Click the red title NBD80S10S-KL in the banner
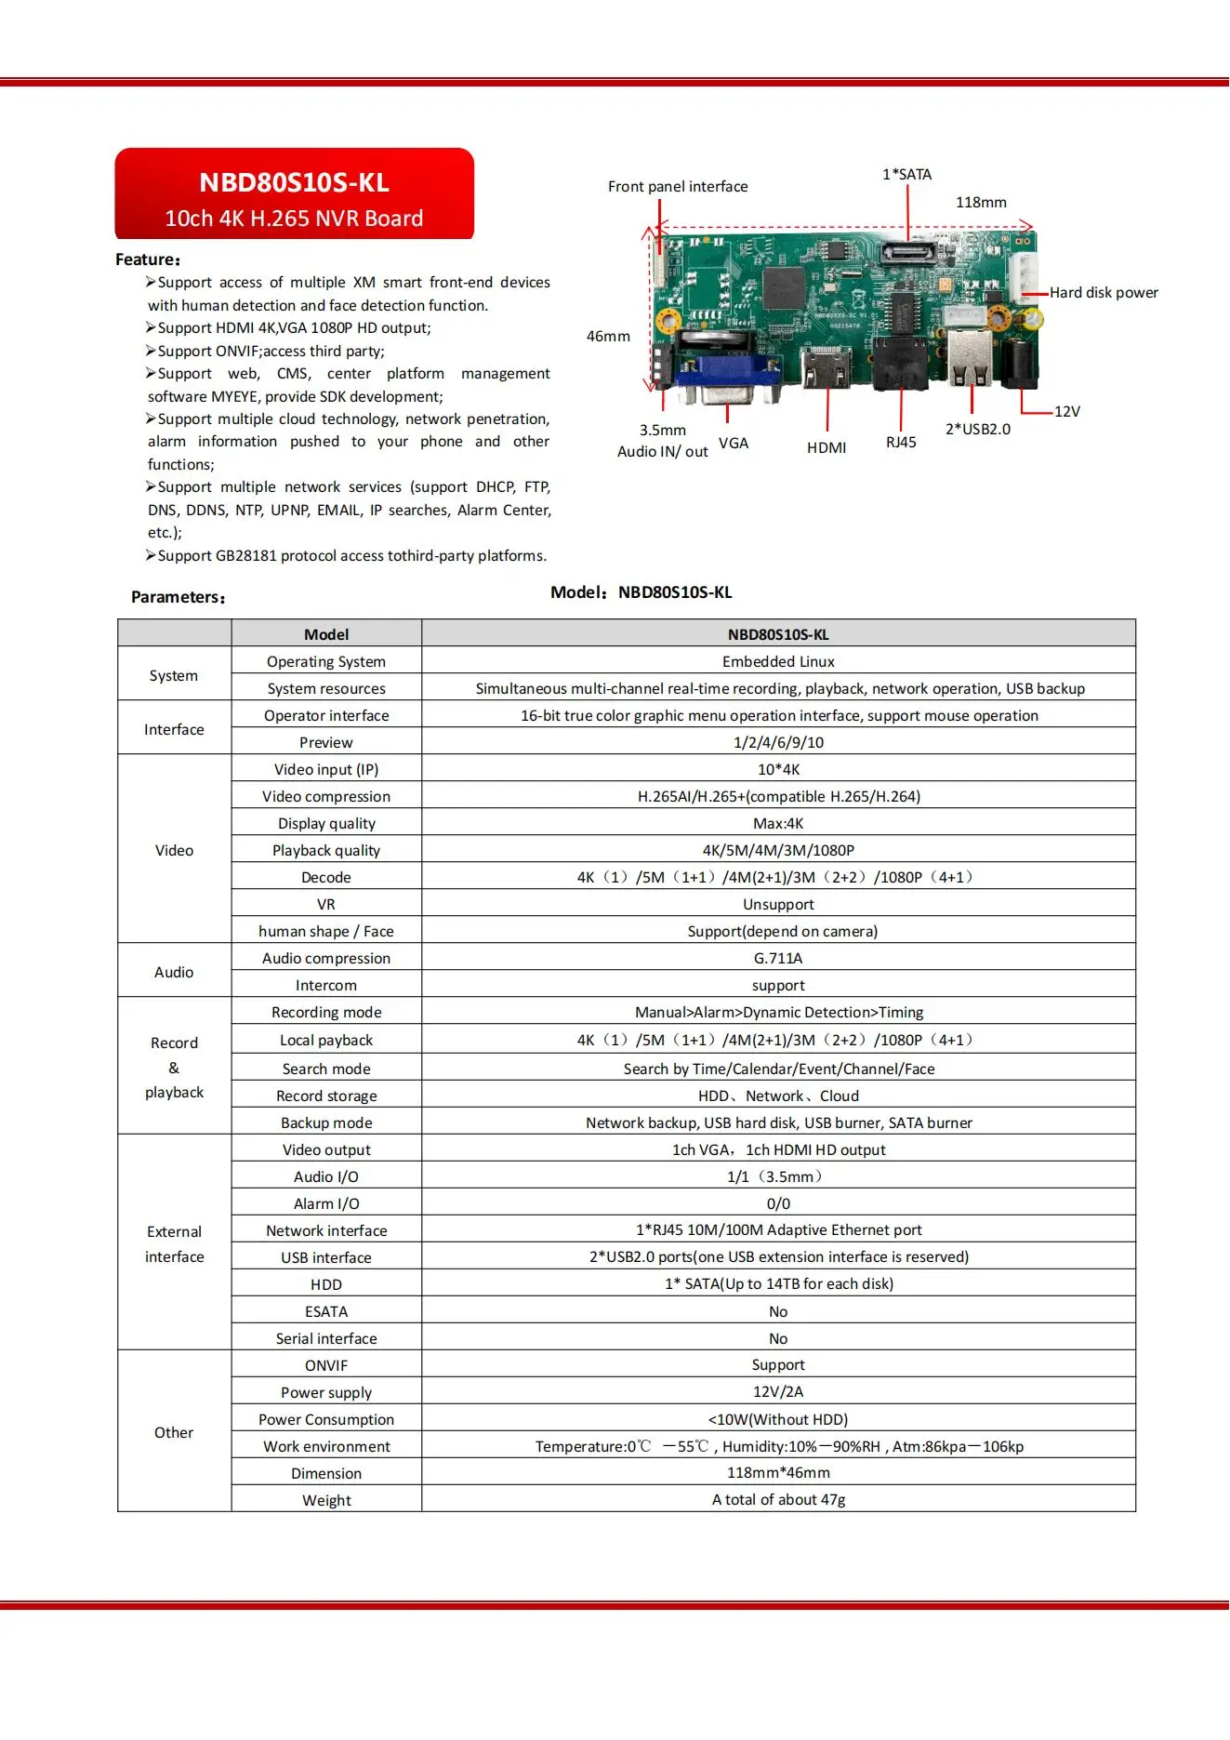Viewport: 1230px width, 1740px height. pyautogui.click(x=294, y=182)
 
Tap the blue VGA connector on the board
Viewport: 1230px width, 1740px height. pyautogui.click(x=714, y=374)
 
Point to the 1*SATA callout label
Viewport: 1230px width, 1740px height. pyautogui.click(x=906, y=174)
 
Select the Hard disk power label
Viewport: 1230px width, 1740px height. pyautogui.click(x=1104, y=293)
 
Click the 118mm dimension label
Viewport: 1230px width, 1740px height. pyautogui.click(x=981, y=203)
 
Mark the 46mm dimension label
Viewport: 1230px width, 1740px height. pyautogui.click(x=608, y=337)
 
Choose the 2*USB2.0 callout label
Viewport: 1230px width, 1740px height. pyautogui.click(x=977, y=429)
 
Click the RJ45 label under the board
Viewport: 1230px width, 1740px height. pyautogui.click(x=901, y=443)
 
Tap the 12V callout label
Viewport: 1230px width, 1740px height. pyautogui.click(x=1066, y=411)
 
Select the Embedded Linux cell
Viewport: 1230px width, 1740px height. pyautogui.click(x=778, y=662)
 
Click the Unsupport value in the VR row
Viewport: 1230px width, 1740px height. pyautogui.click(x=778, y=905)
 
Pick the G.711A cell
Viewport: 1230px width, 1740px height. pyautogui.click(x=778, y=959)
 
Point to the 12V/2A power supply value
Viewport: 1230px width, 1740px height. pyautogui.click(x=778, y=1392)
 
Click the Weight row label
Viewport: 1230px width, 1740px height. pyautogui.click(x=326, y=1500)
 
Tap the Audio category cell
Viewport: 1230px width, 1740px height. pyautogui.click(x=174, y=972)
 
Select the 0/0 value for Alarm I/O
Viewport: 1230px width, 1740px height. pyautogui.click(x=778, y=1203)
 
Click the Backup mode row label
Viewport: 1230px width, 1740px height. pyautogui.click(x=326, y=1122)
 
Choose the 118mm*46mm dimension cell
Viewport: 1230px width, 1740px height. pyautogui.click(x=778, y=1473)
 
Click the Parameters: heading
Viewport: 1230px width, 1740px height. pyautogui.click(x=178, y=597)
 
